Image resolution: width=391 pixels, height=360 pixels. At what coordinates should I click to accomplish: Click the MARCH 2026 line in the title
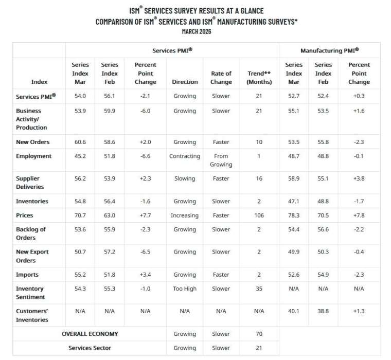196,31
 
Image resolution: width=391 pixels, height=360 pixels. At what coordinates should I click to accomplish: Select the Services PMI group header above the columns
172,50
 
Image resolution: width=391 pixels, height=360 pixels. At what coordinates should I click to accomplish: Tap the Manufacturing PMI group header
329,50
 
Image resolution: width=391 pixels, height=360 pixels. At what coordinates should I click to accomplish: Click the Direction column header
185,82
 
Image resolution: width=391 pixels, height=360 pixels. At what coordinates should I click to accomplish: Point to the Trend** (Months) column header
259,78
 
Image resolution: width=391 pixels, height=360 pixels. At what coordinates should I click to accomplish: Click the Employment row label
34,156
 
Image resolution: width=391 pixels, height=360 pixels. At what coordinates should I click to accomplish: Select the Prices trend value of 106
259,215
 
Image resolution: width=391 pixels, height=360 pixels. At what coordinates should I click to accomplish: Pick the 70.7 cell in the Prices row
80,215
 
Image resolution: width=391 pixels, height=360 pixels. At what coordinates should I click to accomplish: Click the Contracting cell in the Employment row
185,156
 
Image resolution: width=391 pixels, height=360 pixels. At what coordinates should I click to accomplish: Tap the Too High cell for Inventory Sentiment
185,289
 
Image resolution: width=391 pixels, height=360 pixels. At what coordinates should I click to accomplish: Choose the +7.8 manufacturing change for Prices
359,215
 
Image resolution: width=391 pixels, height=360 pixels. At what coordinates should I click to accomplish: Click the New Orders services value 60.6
80,142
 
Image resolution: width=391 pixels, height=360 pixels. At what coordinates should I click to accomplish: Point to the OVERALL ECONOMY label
90,334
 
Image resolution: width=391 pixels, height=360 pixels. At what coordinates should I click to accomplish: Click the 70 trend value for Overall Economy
259,334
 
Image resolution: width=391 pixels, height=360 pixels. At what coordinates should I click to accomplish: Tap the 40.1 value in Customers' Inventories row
294,311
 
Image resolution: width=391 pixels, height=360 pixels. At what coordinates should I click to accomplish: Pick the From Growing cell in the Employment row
221,160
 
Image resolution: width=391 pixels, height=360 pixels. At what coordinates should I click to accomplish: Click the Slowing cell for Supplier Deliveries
185,178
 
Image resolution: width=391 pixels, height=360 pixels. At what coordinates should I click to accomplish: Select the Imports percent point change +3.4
145,275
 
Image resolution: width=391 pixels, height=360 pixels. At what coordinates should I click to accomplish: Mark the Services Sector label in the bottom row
90,348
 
